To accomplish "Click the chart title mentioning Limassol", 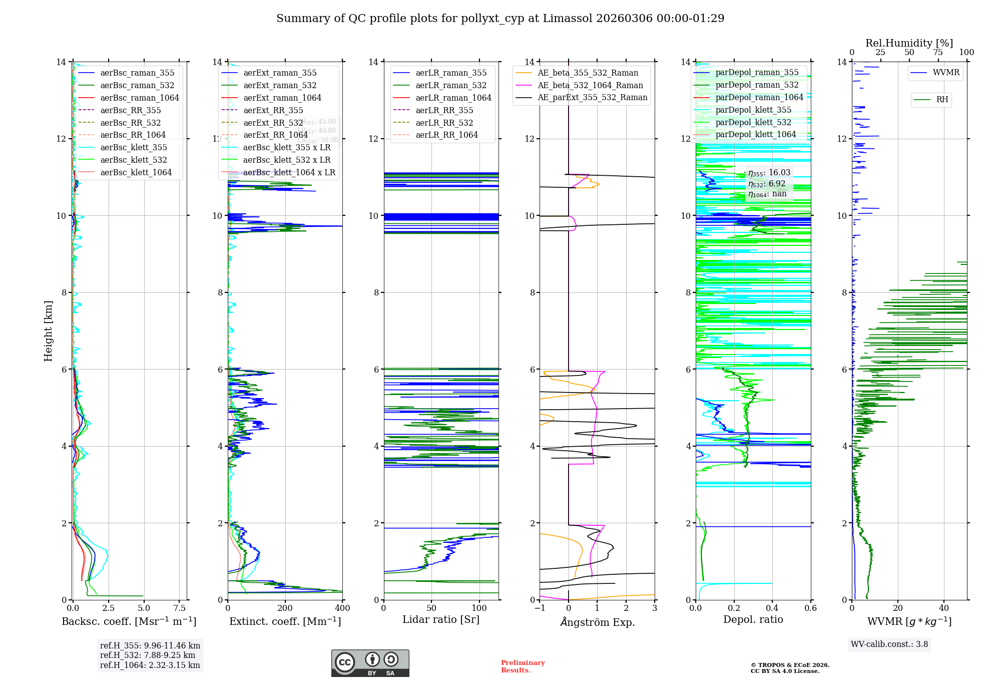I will [500, 19].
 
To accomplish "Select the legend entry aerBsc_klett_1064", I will [136, 172].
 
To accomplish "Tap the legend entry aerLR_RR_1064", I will [446, 135].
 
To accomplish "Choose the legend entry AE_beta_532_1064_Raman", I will [590, 85].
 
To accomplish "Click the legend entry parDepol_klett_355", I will [753, 110].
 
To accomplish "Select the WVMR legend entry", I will [946, 73].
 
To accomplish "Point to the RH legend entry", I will [942, 100].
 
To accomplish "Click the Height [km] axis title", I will [48, 330].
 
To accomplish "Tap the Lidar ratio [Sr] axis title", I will [441, 619].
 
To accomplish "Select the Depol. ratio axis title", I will [753, 619].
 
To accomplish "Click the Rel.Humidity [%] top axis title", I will [909, 43].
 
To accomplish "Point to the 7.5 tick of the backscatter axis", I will [180, 608].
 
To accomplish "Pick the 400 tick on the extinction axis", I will [342, 608].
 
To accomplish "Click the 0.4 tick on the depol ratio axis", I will [772, 608].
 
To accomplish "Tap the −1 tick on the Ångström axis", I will [540, 608].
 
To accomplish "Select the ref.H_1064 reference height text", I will [150, 665].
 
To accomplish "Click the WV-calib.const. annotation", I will [889, 644].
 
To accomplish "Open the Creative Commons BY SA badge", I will [370, 663].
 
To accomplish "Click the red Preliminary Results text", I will [523, 666].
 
